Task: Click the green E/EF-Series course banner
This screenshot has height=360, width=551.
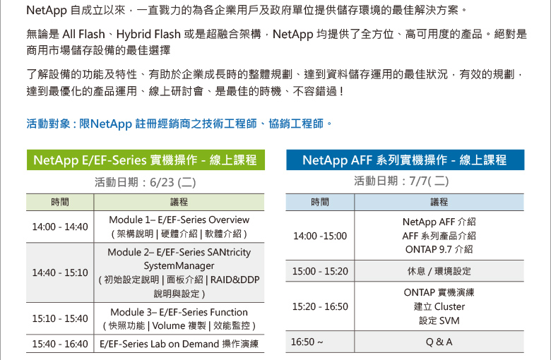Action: pos(146,160)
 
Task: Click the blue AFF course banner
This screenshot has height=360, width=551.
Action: pos(405,160)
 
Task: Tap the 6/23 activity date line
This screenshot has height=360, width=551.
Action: pos(145,182)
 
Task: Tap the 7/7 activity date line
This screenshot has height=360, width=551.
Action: pos(401,181)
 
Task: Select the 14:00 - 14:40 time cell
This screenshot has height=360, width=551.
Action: pos(60,227)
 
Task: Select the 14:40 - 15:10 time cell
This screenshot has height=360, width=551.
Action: pos(60,272)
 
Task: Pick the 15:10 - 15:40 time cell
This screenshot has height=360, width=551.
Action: pos(60,318)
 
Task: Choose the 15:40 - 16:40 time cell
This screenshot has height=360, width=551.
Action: pos(60,344)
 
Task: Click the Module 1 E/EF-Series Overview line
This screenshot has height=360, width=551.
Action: pos(179,220)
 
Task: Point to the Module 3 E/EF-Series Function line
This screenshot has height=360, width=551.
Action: pos(179,312)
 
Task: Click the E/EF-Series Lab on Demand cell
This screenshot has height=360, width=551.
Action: pos(179,344)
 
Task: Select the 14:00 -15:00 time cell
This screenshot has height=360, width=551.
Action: pos(320,236)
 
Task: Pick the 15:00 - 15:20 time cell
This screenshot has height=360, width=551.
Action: pos(320,271)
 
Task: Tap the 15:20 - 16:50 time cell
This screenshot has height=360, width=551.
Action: pos(320,306)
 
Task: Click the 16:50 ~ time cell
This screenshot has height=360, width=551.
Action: pos(320,342)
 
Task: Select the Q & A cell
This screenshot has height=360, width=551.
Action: pos(439,342)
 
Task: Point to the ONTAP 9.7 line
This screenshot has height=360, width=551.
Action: pos(439,249)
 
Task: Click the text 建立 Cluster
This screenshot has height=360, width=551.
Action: pos(439,306)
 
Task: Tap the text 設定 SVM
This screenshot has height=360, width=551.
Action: pos(439,320)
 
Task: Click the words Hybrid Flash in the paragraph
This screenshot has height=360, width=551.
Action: pos(148,35)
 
